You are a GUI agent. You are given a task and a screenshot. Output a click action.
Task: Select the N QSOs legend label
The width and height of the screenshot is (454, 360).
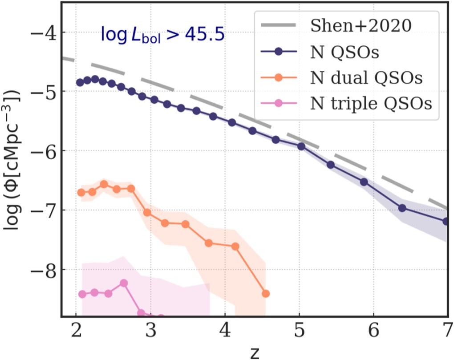344,53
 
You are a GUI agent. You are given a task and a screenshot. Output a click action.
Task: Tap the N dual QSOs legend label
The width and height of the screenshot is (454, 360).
365,78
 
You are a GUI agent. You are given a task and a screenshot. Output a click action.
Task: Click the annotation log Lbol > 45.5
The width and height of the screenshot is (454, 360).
162,34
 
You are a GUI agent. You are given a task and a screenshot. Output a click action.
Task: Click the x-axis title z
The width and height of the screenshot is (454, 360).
254,352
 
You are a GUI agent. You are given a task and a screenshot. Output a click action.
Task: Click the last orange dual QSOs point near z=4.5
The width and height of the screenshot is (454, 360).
266,293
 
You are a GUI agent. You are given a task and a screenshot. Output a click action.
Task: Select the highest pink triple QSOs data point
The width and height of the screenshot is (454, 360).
124,283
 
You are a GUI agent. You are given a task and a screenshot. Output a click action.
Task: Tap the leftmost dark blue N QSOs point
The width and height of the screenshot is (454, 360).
80,82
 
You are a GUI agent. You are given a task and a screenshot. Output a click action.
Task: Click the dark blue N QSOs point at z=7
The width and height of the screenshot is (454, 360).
446,221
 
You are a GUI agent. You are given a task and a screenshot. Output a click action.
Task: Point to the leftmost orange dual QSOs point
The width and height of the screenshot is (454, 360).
81,192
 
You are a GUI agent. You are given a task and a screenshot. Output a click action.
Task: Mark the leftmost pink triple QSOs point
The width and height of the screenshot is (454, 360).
82,294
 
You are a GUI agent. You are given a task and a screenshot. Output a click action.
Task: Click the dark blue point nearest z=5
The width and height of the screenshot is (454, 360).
301,146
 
